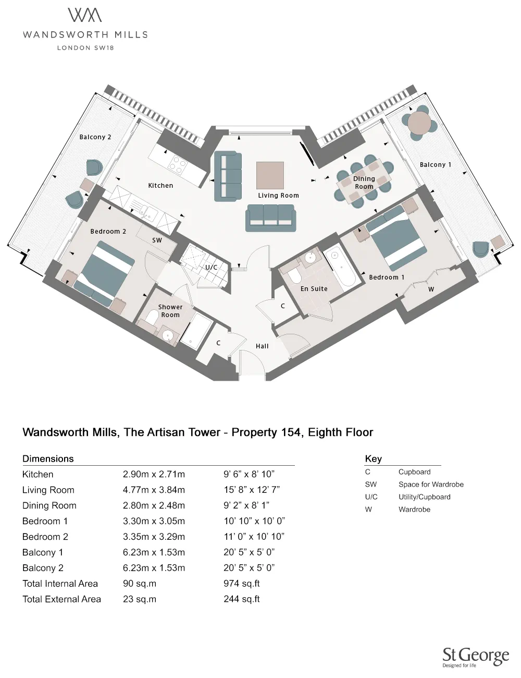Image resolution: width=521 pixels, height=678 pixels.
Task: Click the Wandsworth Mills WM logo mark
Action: tap(85, 15)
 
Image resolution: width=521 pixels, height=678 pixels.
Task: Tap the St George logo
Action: tap(475, 657)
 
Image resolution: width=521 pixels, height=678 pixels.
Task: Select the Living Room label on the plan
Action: tap(278, 196)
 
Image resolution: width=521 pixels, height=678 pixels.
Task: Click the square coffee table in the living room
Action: tap(270, 175)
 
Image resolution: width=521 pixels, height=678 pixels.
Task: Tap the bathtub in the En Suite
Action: tap(339, 268)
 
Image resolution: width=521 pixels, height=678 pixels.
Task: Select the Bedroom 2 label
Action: tap(108, 232)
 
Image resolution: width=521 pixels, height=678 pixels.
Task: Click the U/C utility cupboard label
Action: tap(211, 267)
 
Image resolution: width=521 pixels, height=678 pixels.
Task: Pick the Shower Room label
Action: tap(170, 311)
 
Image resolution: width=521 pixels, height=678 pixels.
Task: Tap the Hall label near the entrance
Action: tap(262, 346)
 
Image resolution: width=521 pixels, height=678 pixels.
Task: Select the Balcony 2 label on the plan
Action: tap(95, 137)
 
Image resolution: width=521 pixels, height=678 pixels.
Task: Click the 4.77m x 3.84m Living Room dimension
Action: tap(154, 490)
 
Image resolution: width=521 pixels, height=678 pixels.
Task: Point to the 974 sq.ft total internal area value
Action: tap(241, 584)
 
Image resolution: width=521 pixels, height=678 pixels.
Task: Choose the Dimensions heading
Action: tap(48, 459)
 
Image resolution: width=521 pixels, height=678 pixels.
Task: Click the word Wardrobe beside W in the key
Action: tap(414, 510)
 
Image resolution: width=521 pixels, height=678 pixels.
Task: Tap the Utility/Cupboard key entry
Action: tap(424, 497)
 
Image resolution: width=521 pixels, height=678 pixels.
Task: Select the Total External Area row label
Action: tap(61, 599)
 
